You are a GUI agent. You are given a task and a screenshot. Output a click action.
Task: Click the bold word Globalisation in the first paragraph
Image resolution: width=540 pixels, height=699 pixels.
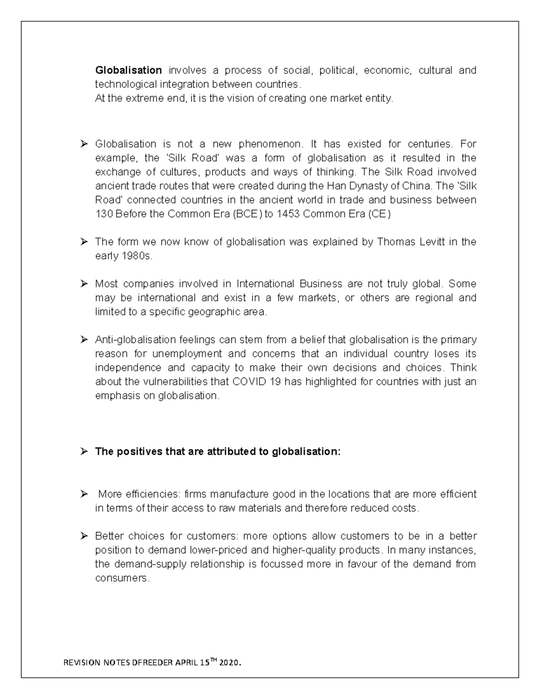point(128,70)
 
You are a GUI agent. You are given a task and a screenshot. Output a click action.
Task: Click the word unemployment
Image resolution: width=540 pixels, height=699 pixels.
point(187,354)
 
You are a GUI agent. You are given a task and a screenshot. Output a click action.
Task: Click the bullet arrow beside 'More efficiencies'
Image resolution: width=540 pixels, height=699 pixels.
point(84,494)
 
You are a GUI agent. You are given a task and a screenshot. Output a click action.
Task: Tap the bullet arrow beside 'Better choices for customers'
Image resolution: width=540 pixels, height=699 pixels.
point(84,536)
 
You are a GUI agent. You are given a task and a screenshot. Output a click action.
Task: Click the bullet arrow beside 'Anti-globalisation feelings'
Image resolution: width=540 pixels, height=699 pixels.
point(84,340)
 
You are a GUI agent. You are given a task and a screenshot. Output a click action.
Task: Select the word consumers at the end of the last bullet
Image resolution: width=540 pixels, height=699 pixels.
point(121,578)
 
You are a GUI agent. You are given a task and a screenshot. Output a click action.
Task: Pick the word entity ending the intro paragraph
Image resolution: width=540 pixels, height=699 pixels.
point(380,98)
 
